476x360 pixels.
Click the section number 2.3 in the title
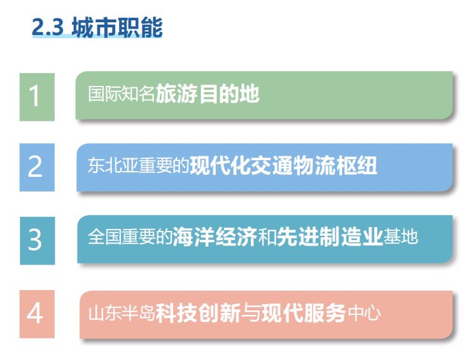[48, 27]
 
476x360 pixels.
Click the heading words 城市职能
[117, 27]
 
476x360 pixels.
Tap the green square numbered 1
[37, 97]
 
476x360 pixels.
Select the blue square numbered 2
[37, 167]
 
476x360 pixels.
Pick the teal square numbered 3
[38, 240]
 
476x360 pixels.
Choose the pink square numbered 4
[37, 314]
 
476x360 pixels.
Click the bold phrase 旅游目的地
[207, 93]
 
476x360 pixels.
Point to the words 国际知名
[122, 93]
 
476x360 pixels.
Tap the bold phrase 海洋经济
[215, 237]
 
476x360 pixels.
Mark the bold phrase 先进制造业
[330, 237]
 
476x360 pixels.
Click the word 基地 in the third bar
[400, 237]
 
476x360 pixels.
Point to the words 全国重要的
[130, 237]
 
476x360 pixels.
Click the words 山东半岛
[122, 313]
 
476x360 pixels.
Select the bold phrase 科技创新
[198, 313]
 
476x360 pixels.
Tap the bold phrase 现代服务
[304, 313]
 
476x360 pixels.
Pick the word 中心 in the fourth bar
[364, 313]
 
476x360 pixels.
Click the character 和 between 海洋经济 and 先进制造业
[267, 237]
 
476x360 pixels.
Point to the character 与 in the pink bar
[251, 313]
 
